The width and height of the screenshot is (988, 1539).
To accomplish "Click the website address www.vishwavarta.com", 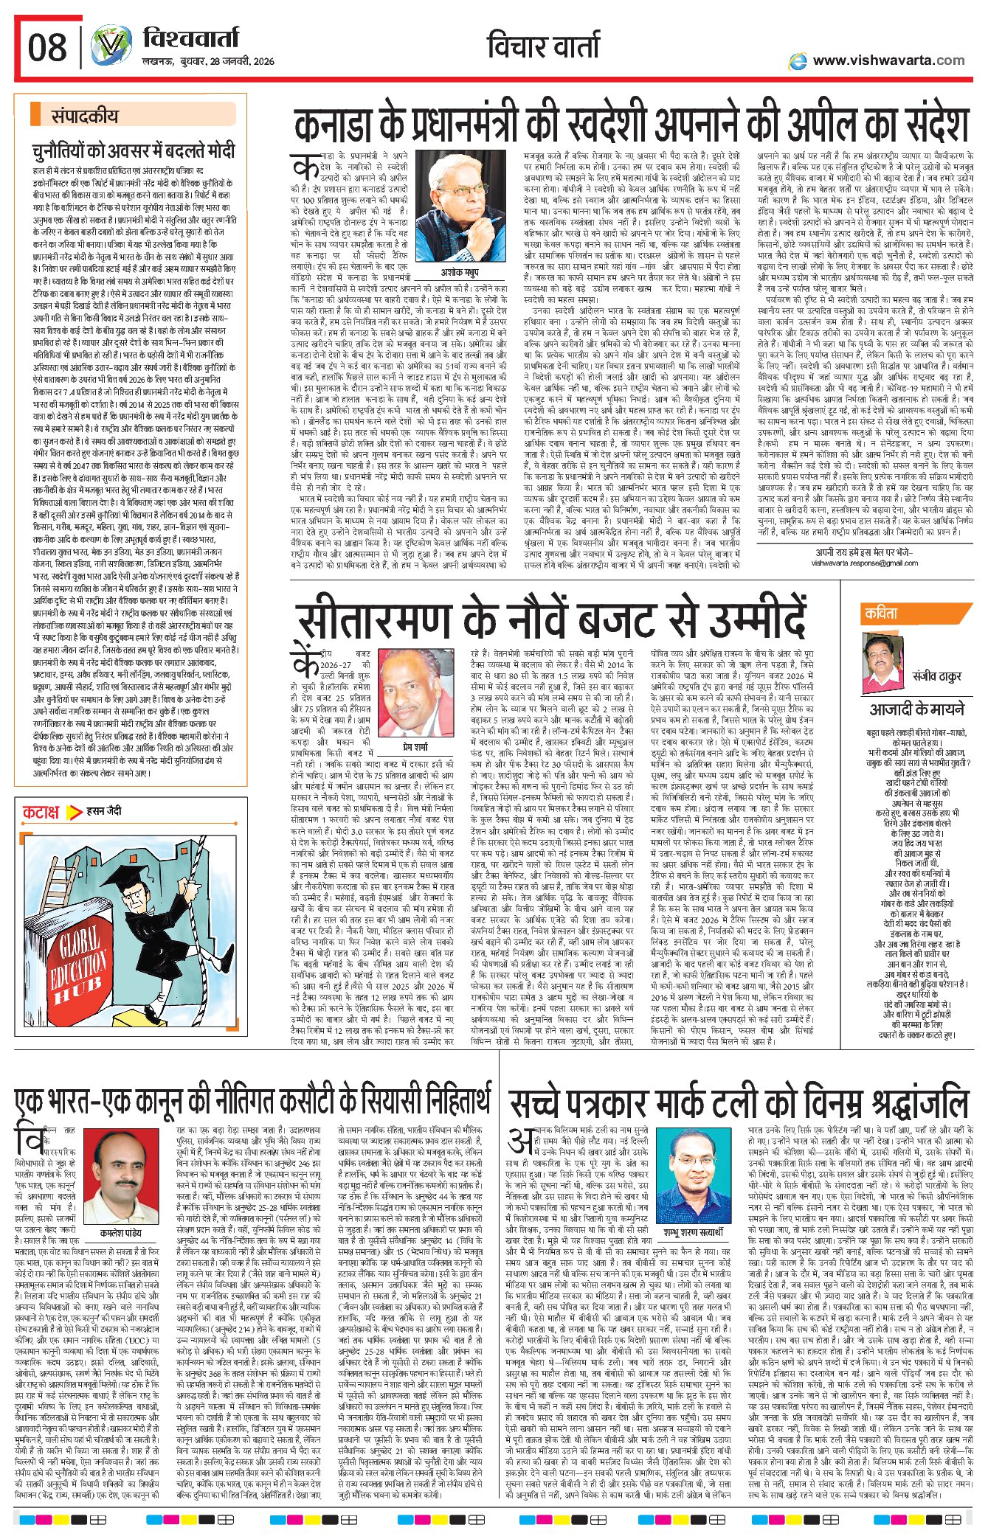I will click(x=888, y=60).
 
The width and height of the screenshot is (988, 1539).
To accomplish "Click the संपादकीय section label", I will click(x=84, y=116).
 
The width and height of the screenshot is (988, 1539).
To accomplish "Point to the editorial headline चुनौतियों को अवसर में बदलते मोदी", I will click(x=133, y=151).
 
